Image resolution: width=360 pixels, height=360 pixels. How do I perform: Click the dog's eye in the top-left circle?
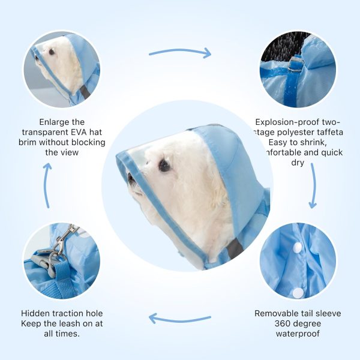pyautogui.click(x=52, y=52)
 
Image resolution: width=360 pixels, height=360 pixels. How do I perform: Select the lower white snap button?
pyautogui.click(x=297, y=292)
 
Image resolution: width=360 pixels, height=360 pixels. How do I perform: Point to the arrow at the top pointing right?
pyautogui.click(x=180, y=52)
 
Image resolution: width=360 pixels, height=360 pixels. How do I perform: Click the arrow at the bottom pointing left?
pyautogui.click(x=180, y=318)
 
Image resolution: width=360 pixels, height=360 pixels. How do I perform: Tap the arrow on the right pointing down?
pyautogui.click(x=312, y=186)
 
